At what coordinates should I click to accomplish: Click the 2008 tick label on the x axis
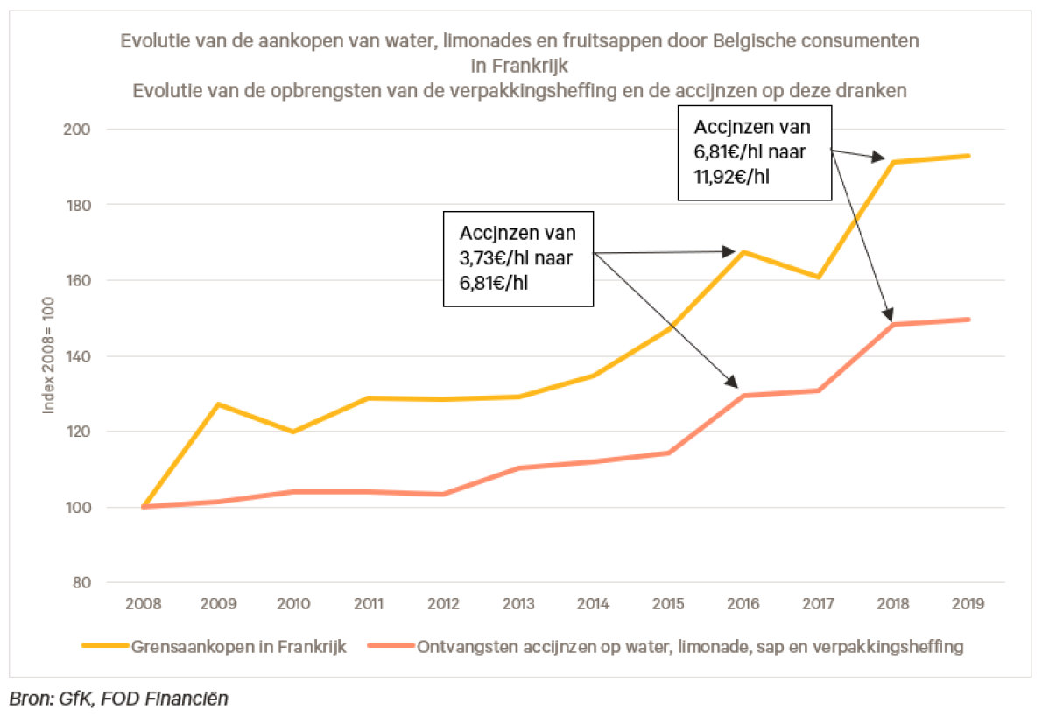(142, 604)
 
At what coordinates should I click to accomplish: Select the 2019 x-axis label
(967, 604)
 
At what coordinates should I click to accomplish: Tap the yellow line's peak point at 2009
(218, 404)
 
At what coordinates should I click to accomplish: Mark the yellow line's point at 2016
(743, 252)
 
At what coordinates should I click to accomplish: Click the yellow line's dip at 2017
(817, 278)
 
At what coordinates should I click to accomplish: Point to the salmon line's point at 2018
(893, 325)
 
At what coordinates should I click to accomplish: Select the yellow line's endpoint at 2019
(968, 156)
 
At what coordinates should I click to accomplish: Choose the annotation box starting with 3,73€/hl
(517, 258)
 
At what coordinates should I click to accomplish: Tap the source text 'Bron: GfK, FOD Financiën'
(119, 699)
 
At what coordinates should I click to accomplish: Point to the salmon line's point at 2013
(518, 468)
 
